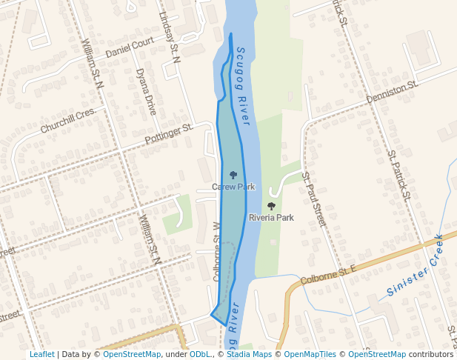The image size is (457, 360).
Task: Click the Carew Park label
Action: coord(233,187)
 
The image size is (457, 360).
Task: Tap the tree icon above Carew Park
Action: coord(233,175)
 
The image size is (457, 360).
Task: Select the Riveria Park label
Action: coord(271,218)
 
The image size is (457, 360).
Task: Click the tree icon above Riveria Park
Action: coord(271,206)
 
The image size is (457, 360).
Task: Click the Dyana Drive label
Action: coord(146,91)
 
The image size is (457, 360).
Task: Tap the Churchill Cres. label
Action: coord(68,120)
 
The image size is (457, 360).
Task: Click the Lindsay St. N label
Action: coord(170,36)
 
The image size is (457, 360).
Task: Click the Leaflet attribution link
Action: coord(41,354)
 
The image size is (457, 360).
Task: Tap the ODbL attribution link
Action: coord(200,354)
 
